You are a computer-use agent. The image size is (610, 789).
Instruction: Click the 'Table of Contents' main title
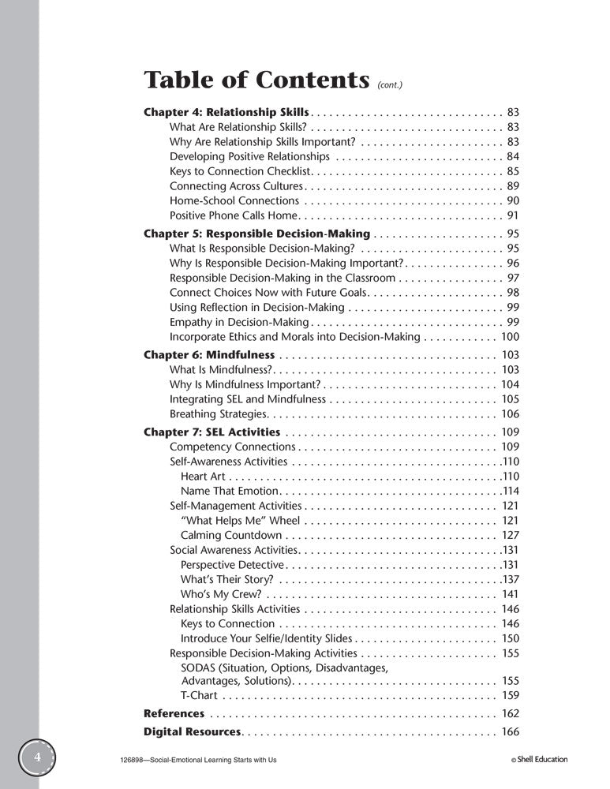tap(256, 80)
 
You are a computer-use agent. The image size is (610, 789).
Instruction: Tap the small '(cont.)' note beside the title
tap(392, 84)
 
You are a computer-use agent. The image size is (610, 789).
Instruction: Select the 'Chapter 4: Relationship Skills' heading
tap(227, 112)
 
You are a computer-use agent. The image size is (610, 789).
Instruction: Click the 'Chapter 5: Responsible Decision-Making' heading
tap(256, 234)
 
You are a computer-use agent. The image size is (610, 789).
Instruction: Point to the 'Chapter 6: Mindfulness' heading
tap(209, 355)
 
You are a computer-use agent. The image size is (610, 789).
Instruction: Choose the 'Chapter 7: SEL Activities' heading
tap(211, 432)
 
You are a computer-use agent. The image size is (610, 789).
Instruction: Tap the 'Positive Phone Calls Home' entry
tap(233, 215)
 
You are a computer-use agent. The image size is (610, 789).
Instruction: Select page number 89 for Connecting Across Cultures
tap(512, 186)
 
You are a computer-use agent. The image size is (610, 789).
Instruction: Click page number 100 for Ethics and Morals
tap(510, 337)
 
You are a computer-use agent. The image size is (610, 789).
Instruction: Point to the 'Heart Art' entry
tap(203, 477)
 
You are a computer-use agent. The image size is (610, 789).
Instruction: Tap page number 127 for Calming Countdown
tap(510, 536)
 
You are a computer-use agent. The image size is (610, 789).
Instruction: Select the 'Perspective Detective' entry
tap(231, 565)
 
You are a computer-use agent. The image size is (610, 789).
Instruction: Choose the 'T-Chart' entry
tap(199, 695)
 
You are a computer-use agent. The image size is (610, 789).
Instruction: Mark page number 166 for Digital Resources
tap(510, 731)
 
